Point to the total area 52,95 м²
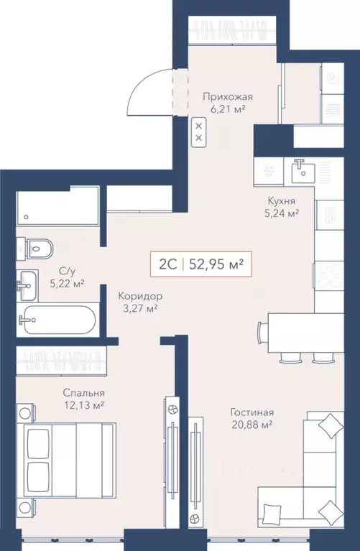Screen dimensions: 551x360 (214, 264)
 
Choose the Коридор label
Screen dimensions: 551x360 (138, 295)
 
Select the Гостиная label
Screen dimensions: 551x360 (252, 412)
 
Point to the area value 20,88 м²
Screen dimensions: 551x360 (252, 426)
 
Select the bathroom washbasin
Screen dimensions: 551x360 (29, 281)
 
